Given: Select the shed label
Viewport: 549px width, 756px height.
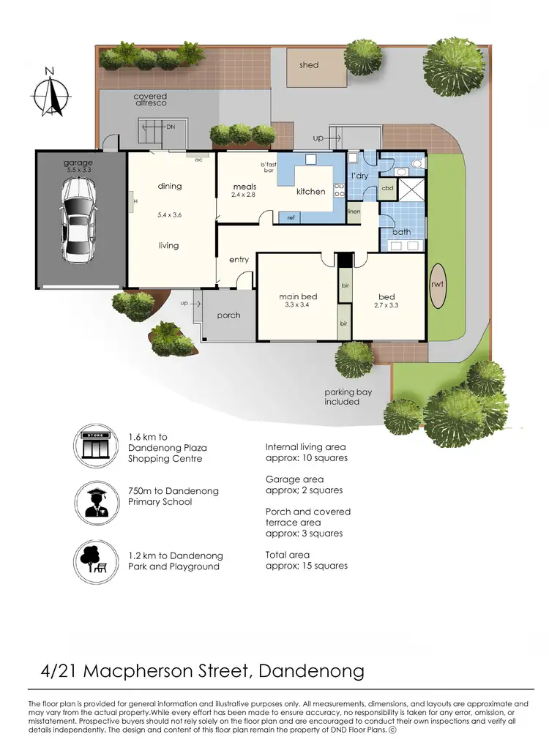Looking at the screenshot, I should pos(309,65).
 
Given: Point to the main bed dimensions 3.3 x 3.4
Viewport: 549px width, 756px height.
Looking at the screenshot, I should pos(298,305).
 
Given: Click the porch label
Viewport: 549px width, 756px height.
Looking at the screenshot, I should pos(228,315).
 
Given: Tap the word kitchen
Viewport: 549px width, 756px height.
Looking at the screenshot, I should pos(310,192).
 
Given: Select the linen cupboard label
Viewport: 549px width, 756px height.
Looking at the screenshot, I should pos(354,212).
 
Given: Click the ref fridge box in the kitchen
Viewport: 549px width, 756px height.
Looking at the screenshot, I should pos(291,217).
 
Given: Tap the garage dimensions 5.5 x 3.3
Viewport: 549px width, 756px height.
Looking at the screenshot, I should pos(78,170).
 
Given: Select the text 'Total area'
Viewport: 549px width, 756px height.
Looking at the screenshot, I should pos(288,555).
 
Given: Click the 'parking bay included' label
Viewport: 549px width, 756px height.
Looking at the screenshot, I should pos(348,397).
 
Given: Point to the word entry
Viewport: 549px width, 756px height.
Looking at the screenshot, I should pos(239,260).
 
